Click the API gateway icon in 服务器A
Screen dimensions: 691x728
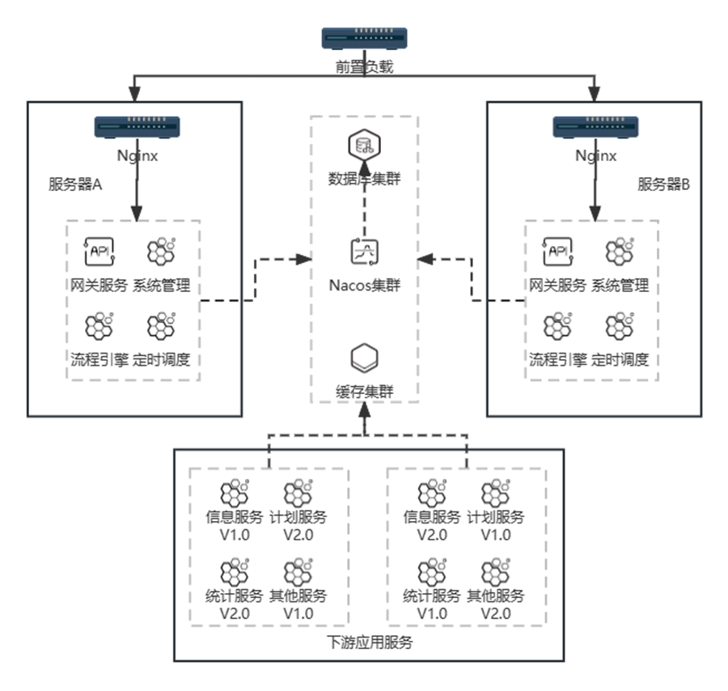click(98, 252)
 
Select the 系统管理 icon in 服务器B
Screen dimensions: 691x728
click(620, 252)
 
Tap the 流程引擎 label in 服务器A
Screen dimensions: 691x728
click(99, 360)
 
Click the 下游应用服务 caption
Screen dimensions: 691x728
click(369, 643)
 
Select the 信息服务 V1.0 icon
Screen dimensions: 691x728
click(235, 494)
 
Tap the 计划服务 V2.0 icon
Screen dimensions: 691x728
click(298, 494)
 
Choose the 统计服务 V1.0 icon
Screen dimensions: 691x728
click(432, 572)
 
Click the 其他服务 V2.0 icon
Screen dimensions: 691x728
click(495, 572)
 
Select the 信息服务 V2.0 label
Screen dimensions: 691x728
click(432, 525)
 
